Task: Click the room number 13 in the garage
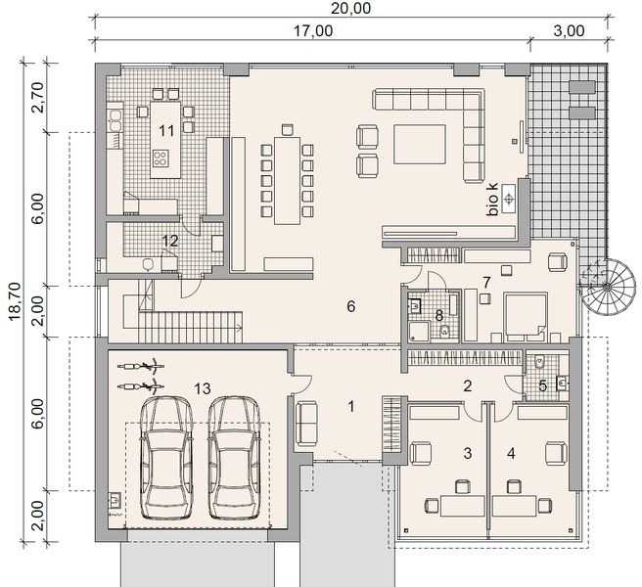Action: pyautogui.click(x=204, y=388)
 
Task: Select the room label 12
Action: pyautogui.click(x=169, y=241)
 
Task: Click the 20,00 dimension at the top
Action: pyautogui.click(x=350, y=9)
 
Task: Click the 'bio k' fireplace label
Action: pyautogui.click(x=494, y=199)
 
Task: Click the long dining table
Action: pyautogui.click(x=288, y=177)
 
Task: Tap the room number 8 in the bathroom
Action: pyautogui.click(x=439, y=315)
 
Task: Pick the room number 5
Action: pyautogui.click(x=544, y=384)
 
